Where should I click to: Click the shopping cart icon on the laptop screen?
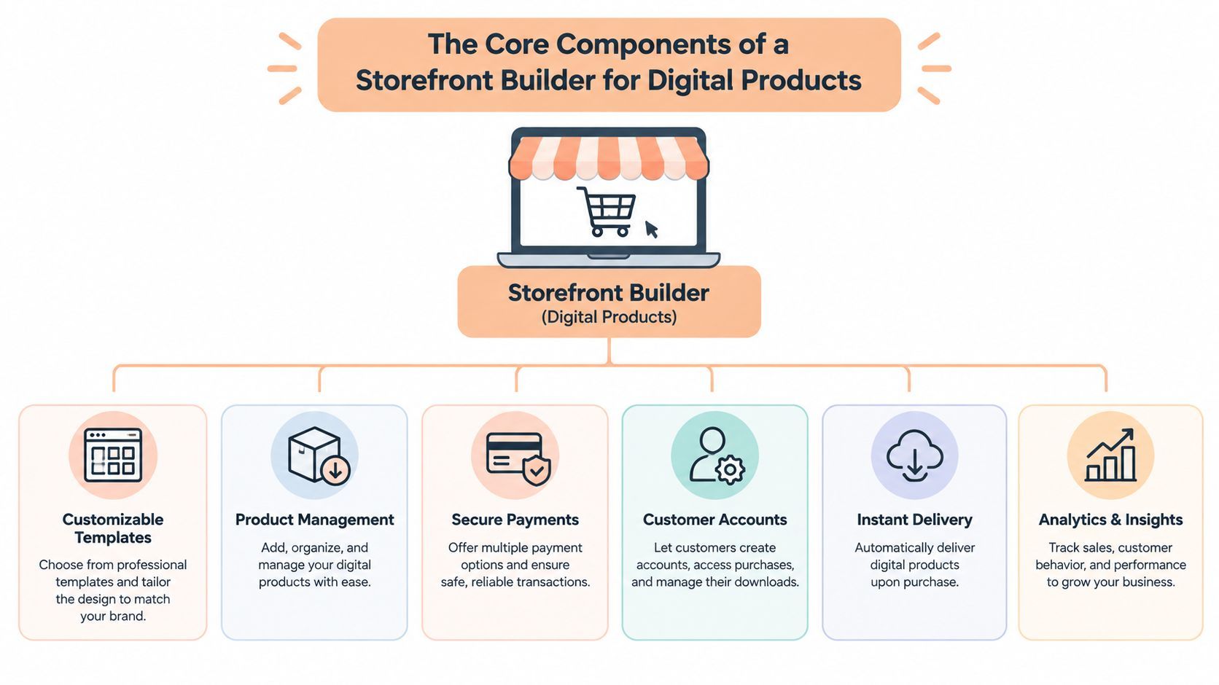(x=606, y=211)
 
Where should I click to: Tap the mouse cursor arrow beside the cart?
(x=651, y=229)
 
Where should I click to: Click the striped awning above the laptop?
(x=609, y=158)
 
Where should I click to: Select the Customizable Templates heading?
(x=113, y=528)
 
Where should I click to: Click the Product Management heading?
(x=314, y=520)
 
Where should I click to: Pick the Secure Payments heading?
(x=515, y=520)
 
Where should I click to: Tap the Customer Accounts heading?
(x=715, y=520)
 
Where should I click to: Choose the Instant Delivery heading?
(x=914, y=520)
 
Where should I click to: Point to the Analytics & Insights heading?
(x=1110, y=520)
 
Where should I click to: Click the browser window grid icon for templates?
(x=113, y=455)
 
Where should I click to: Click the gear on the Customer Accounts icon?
(x=730, y=469)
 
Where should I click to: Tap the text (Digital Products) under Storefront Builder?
(x=609, y=317)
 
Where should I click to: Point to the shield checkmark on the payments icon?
(x=537, y=471)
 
